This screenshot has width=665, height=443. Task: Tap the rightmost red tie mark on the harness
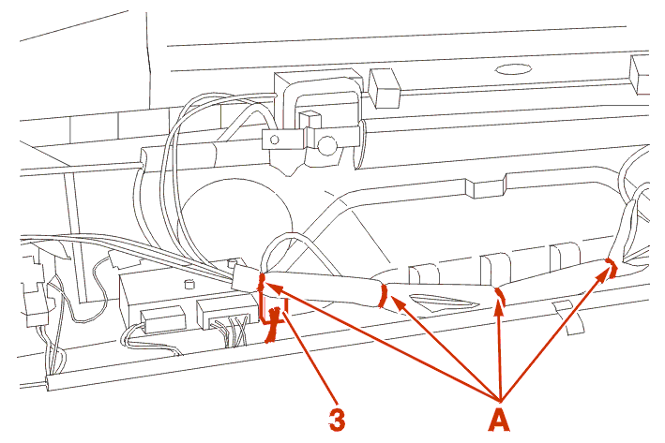(x=611, y=269)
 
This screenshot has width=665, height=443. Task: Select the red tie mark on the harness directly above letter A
(x=499, y=297)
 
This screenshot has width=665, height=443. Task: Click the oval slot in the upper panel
(x=514, y=68)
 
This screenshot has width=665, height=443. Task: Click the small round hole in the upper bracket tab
(x=275, y=140)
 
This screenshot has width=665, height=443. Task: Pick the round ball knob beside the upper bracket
(x=327, y=145)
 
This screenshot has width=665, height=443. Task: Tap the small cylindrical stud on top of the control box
(x=189, y=281)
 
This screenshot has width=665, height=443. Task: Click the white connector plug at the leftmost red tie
(x=246, y=277)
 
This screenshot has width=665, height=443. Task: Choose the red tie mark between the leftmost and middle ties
(x=383, y=296)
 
